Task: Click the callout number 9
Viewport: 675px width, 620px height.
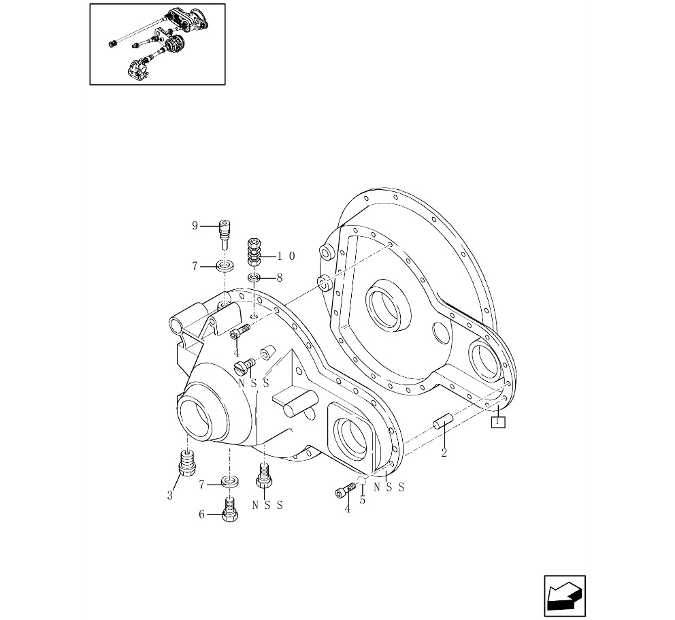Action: coord(195,226)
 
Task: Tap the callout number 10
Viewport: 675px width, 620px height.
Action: coord(286,256)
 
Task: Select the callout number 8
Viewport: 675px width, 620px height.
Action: coord(280,278)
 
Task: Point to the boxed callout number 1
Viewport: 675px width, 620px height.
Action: coord(499,422)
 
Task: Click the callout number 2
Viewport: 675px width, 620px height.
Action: coord(444,453)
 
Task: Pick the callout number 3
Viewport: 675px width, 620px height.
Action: coord(169,495)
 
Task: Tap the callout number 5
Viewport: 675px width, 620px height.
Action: coord(363,500)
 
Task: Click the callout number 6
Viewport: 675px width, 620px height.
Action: coord(201,514)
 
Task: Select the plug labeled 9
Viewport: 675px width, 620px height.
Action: coord(225,234)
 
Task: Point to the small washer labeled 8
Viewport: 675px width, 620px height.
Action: coord(254,277)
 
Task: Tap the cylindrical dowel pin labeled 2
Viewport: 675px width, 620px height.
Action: coord(443,421)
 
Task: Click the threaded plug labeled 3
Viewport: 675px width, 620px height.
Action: coord(187,462)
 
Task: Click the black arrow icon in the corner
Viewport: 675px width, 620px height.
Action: coord(565,596)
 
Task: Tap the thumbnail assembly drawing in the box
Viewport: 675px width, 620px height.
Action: coord(158,44)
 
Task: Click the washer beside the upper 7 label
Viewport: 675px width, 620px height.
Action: coord(225,265)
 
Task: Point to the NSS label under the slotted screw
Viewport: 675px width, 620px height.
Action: coord(254,382)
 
